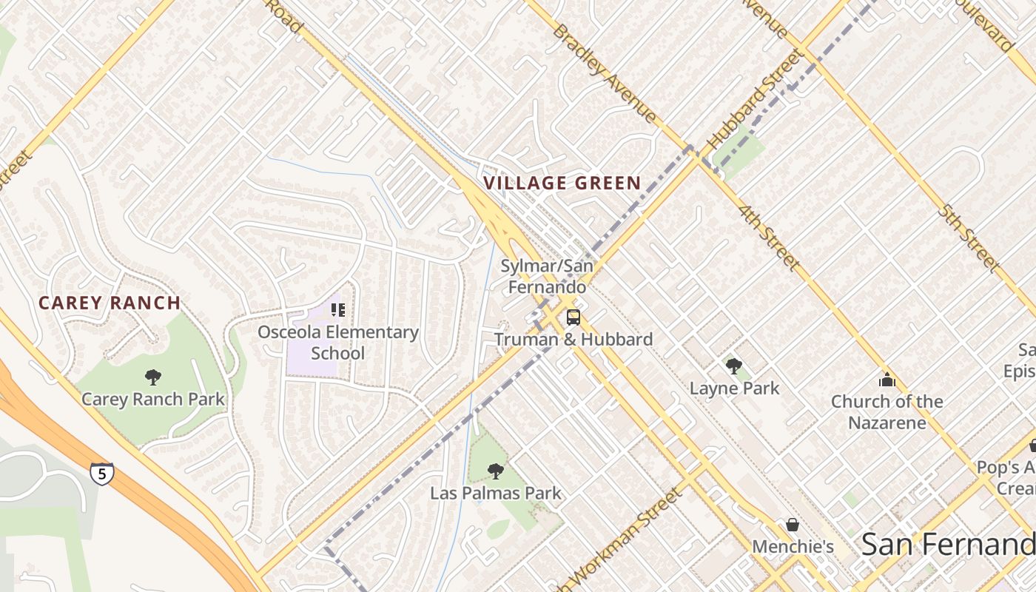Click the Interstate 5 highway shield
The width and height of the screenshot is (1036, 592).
[x=102, y=473]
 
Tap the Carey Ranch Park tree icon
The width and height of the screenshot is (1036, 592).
[x=153, y=377]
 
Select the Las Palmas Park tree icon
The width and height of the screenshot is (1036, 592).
[x=496, y=471]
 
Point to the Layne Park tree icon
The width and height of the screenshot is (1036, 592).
[x=734, y=366]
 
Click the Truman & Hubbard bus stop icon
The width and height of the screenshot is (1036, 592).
[x=573, y=317]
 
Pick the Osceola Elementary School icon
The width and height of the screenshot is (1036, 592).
[x=338, y=309]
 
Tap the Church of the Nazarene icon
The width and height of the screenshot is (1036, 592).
[x=887, y=380]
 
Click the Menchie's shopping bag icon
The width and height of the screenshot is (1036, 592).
[x=793, y=525]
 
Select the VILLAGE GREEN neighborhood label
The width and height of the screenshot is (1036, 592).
[x=562, y=184]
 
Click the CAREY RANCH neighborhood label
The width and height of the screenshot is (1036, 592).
[x=110, y=303]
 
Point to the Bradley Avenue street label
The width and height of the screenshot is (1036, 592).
[x=604, y=73]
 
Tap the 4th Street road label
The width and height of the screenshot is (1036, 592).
[x=769, y=237]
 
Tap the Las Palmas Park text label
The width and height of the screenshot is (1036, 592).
[x=496, y=493]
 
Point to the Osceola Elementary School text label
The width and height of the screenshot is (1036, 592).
[x=338, y=343]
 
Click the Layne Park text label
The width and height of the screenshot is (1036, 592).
[x=734, y=388]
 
